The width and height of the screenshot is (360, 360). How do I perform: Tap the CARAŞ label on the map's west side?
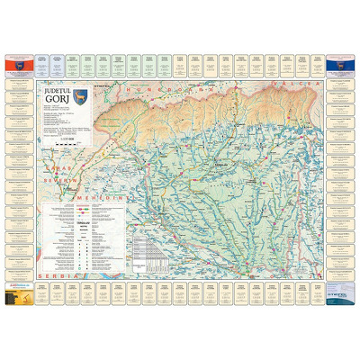[52, 168]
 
